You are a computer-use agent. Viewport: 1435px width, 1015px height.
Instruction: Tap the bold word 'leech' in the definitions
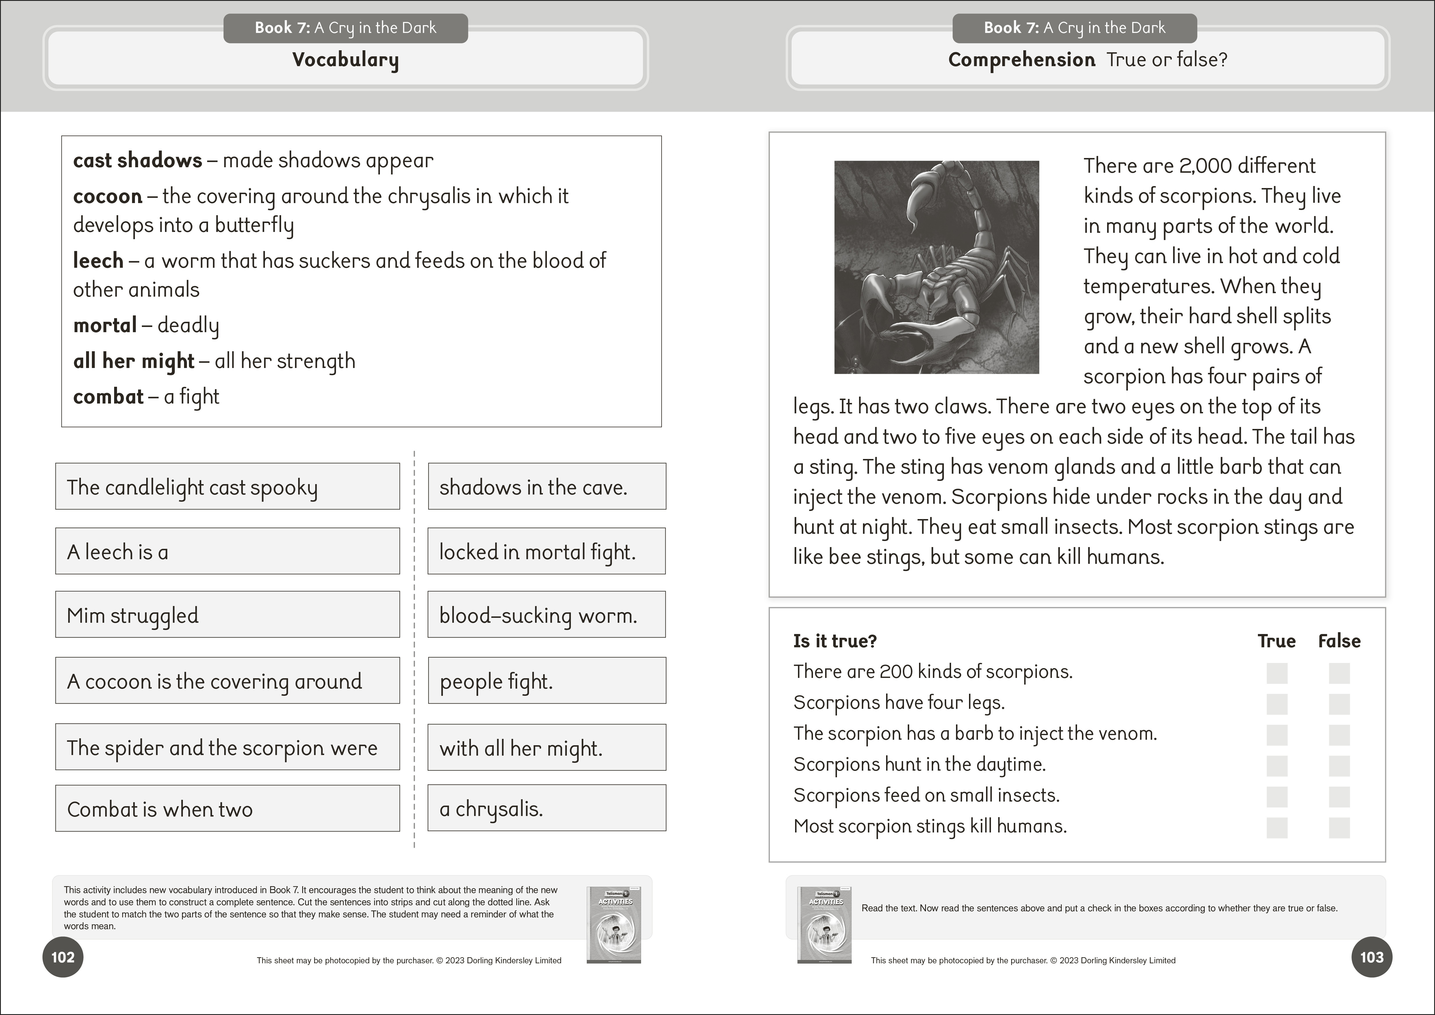98,261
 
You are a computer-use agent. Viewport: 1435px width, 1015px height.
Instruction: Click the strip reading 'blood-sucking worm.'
546,615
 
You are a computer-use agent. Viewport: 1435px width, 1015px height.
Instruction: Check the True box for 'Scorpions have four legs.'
1277,704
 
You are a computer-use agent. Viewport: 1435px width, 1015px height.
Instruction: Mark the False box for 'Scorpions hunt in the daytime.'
1339,766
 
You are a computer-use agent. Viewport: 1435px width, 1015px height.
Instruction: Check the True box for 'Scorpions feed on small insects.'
1277,797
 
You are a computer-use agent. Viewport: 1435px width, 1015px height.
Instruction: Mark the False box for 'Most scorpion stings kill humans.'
1339,828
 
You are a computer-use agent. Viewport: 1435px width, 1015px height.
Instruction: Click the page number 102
62,957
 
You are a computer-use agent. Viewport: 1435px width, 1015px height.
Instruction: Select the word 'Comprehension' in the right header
1021,60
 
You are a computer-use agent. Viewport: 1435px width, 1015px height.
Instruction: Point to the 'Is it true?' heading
835,641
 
